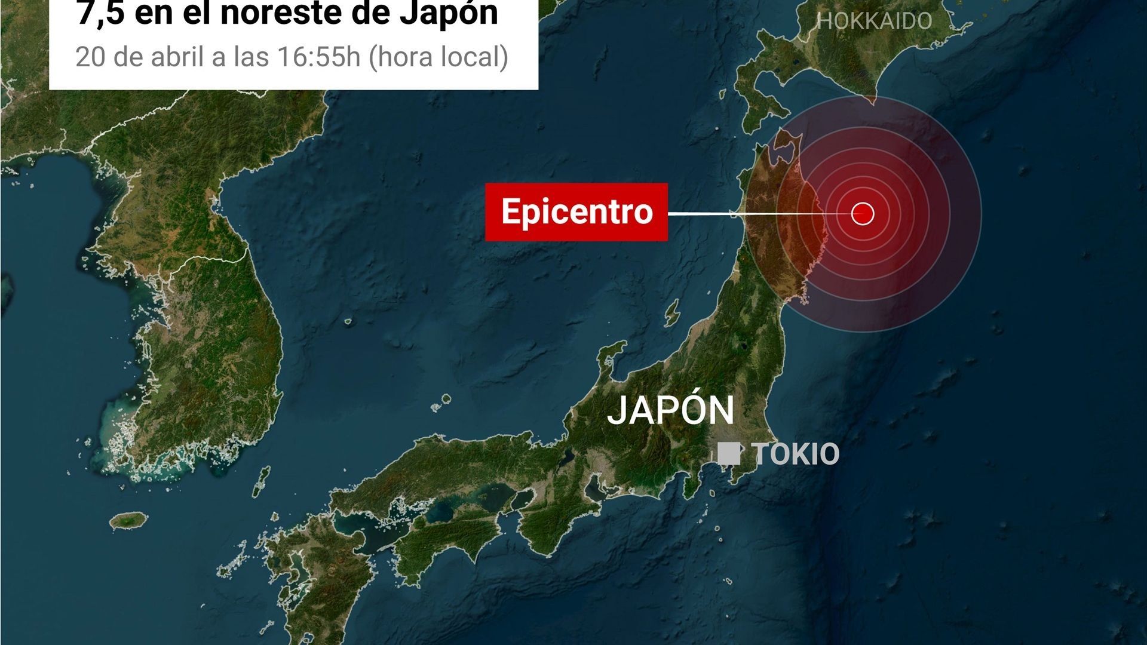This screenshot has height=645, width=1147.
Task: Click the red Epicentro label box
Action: (x=576, y=212)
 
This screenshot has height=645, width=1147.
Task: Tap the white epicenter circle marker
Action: (x=862, y=213)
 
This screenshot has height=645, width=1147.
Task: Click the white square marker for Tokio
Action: (x=729, y=453)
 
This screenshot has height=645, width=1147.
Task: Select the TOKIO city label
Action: (x=797, y=454)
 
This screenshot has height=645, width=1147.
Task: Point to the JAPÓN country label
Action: (x=670, y=410)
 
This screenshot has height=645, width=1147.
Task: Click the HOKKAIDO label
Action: (x=875, y=21)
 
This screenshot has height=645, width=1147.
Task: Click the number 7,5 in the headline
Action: (x=99, y=13)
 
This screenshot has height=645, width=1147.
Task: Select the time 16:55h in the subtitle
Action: (x=319, y=57)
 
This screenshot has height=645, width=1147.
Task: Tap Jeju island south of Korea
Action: (x=128, y=520)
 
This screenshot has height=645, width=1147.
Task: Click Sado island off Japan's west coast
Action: (x=673, y=312)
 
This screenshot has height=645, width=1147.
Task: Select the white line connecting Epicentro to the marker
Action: (x=759, y=213)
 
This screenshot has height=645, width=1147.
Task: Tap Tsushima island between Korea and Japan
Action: (x=260, y=481)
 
